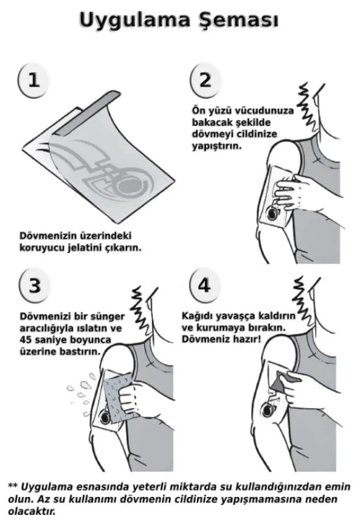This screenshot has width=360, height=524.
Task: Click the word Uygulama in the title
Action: [134, 21]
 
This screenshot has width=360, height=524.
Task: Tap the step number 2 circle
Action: [206, 79]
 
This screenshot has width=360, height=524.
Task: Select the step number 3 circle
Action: [34, 285]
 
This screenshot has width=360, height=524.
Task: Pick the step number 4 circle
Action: [204, 284]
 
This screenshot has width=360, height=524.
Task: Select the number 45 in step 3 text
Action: [26, 340]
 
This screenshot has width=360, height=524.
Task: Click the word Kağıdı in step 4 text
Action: [196, 316]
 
